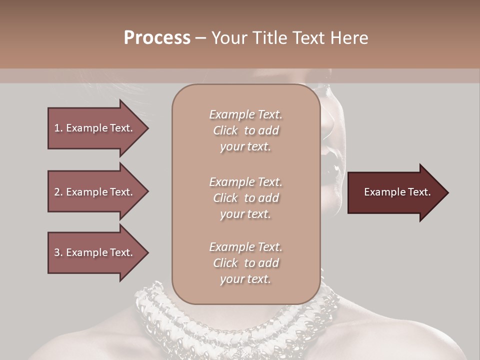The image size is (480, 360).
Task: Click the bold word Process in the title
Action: point(157,38)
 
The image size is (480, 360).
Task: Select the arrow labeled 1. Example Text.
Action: point(95,128)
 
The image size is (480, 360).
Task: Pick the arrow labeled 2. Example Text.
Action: point(95,192)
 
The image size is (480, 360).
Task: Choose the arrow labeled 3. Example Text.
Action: point(95,252)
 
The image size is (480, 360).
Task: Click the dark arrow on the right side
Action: point(395,192)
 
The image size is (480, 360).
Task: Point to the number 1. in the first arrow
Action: point(58,128)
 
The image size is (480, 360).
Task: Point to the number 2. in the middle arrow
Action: point(58,192)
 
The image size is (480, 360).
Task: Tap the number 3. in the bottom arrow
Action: point(58,252)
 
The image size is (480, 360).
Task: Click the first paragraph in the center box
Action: point(245,130)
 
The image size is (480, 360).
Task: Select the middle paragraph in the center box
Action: point(245,198)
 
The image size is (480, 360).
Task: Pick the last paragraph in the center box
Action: point(245,263)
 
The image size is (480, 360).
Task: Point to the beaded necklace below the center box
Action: point(240,325)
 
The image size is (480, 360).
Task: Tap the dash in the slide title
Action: point(200,38)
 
